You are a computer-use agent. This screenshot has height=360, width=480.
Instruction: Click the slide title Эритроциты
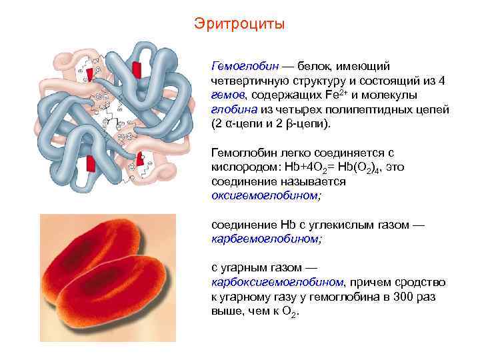[239, 24]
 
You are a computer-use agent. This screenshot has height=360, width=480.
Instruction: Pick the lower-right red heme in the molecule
[141, 159]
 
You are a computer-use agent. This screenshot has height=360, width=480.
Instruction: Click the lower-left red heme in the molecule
[91, 163]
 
